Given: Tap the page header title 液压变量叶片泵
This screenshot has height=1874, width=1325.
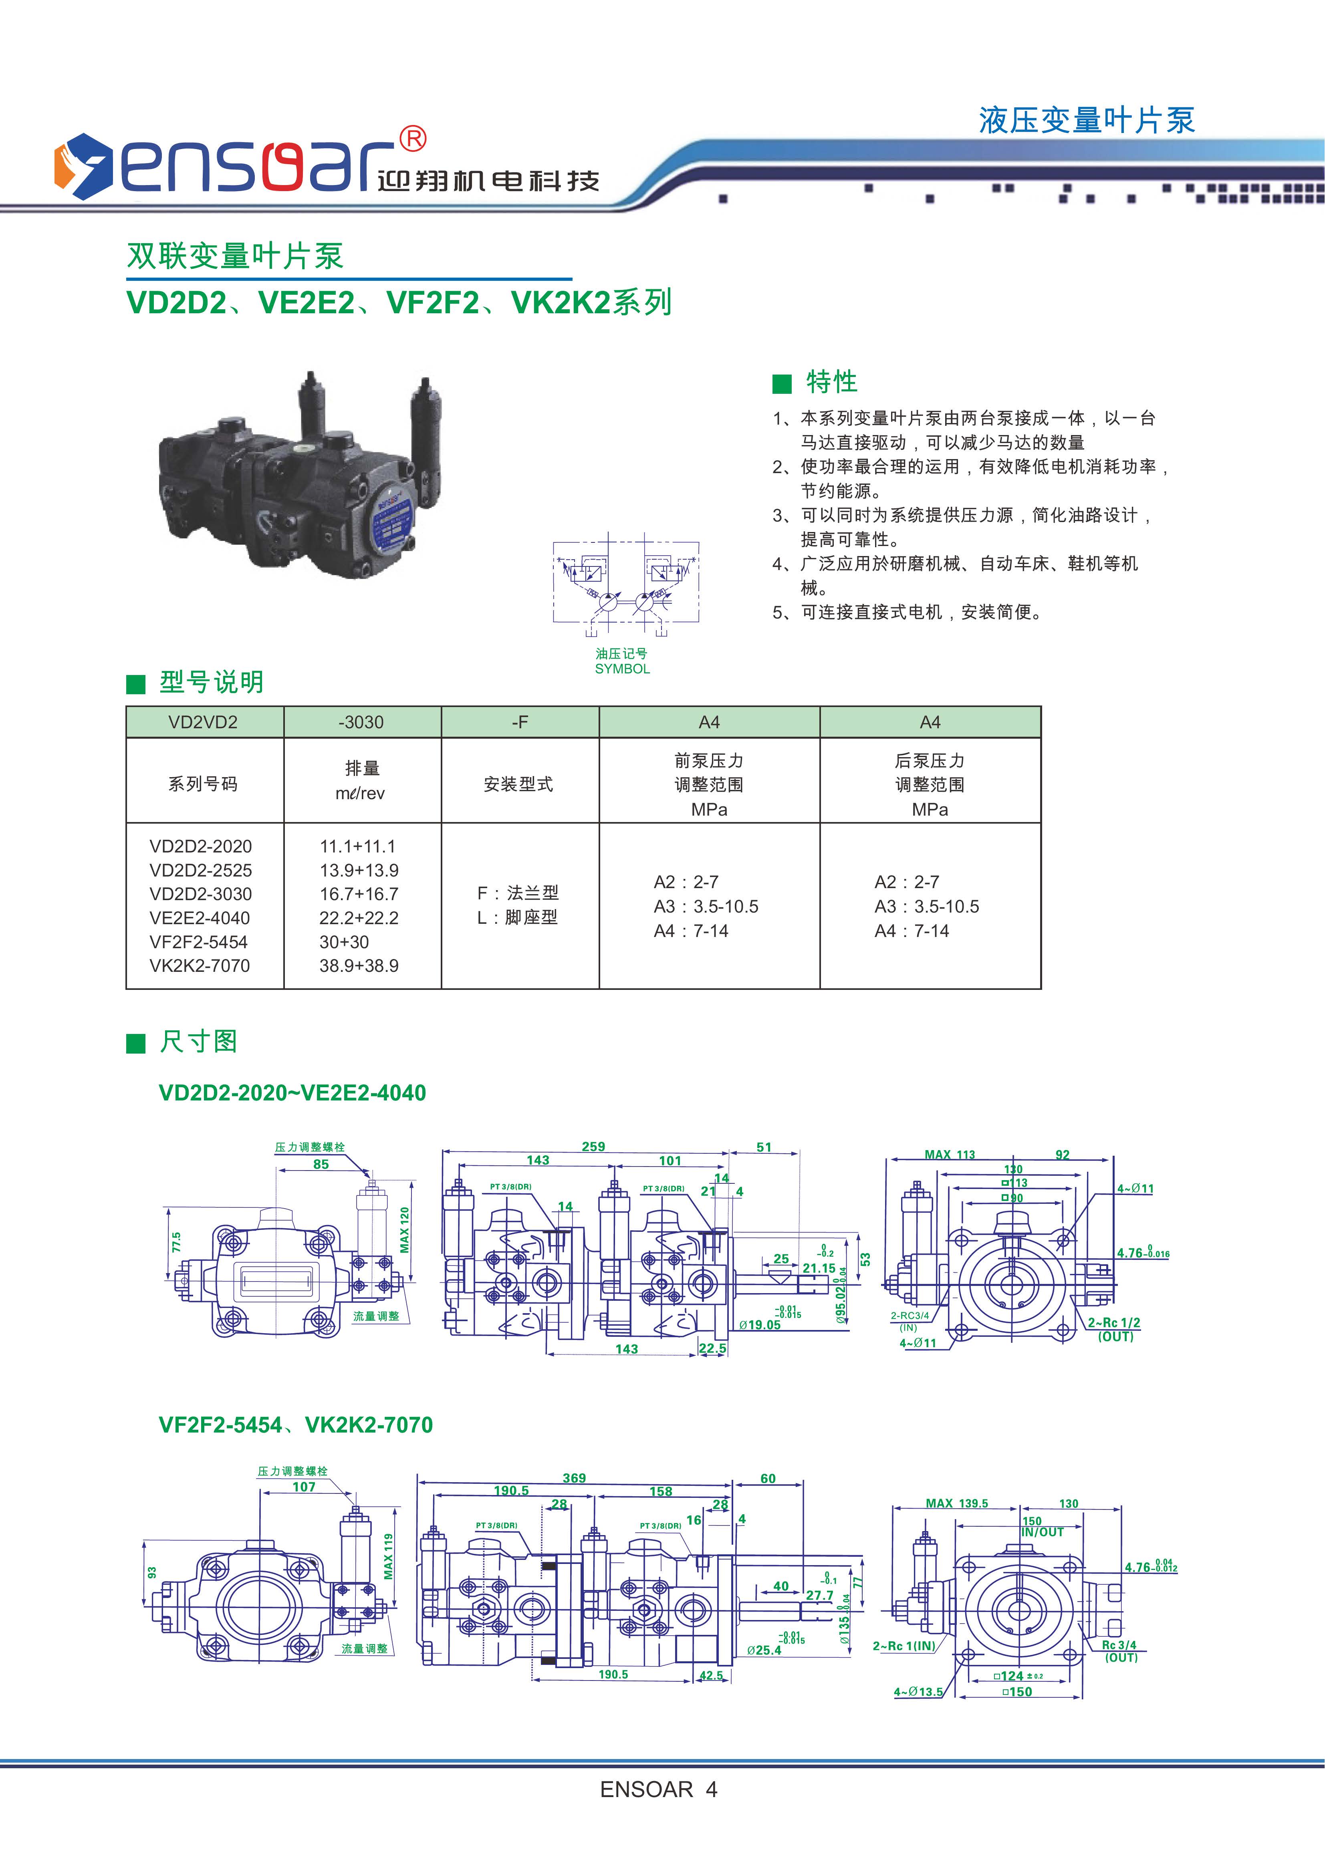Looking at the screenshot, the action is click(1087, 121).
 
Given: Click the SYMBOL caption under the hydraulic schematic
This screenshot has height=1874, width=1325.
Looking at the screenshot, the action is click(622, 669).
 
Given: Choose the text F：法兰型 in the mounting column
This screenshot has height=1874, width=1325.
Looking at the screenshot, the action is click(518, 893).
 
